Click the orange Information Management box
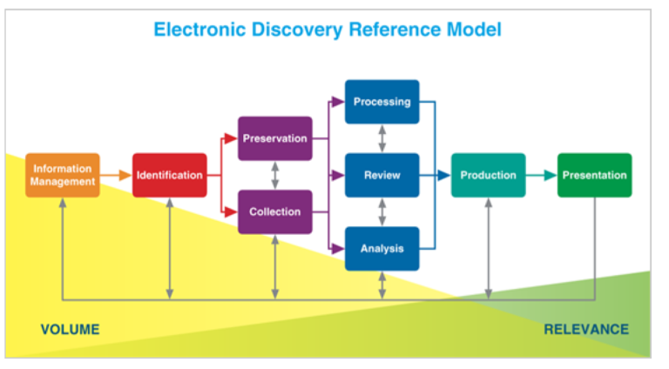[63, 175]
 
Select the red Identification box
[169, 175]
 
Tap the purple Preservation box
[275, 138]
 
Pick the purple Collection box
[275, 211]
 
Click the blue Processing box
[382, 102]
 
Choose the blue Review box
[382, 175]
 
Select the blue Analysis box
[382, 248]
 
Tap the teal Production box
[488, 175]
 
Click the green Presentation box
[594, 175]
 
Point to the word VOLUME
[70, 329]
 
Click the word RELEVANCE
[585, 329]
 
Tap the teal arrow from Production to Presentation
[541, 175]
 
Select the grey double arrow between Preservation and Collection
[275, 175]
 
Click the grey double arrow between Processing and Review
[382, 138]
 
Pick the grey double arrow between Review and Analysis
[382, 211]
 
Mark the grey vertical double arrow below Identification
[169, 248]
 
